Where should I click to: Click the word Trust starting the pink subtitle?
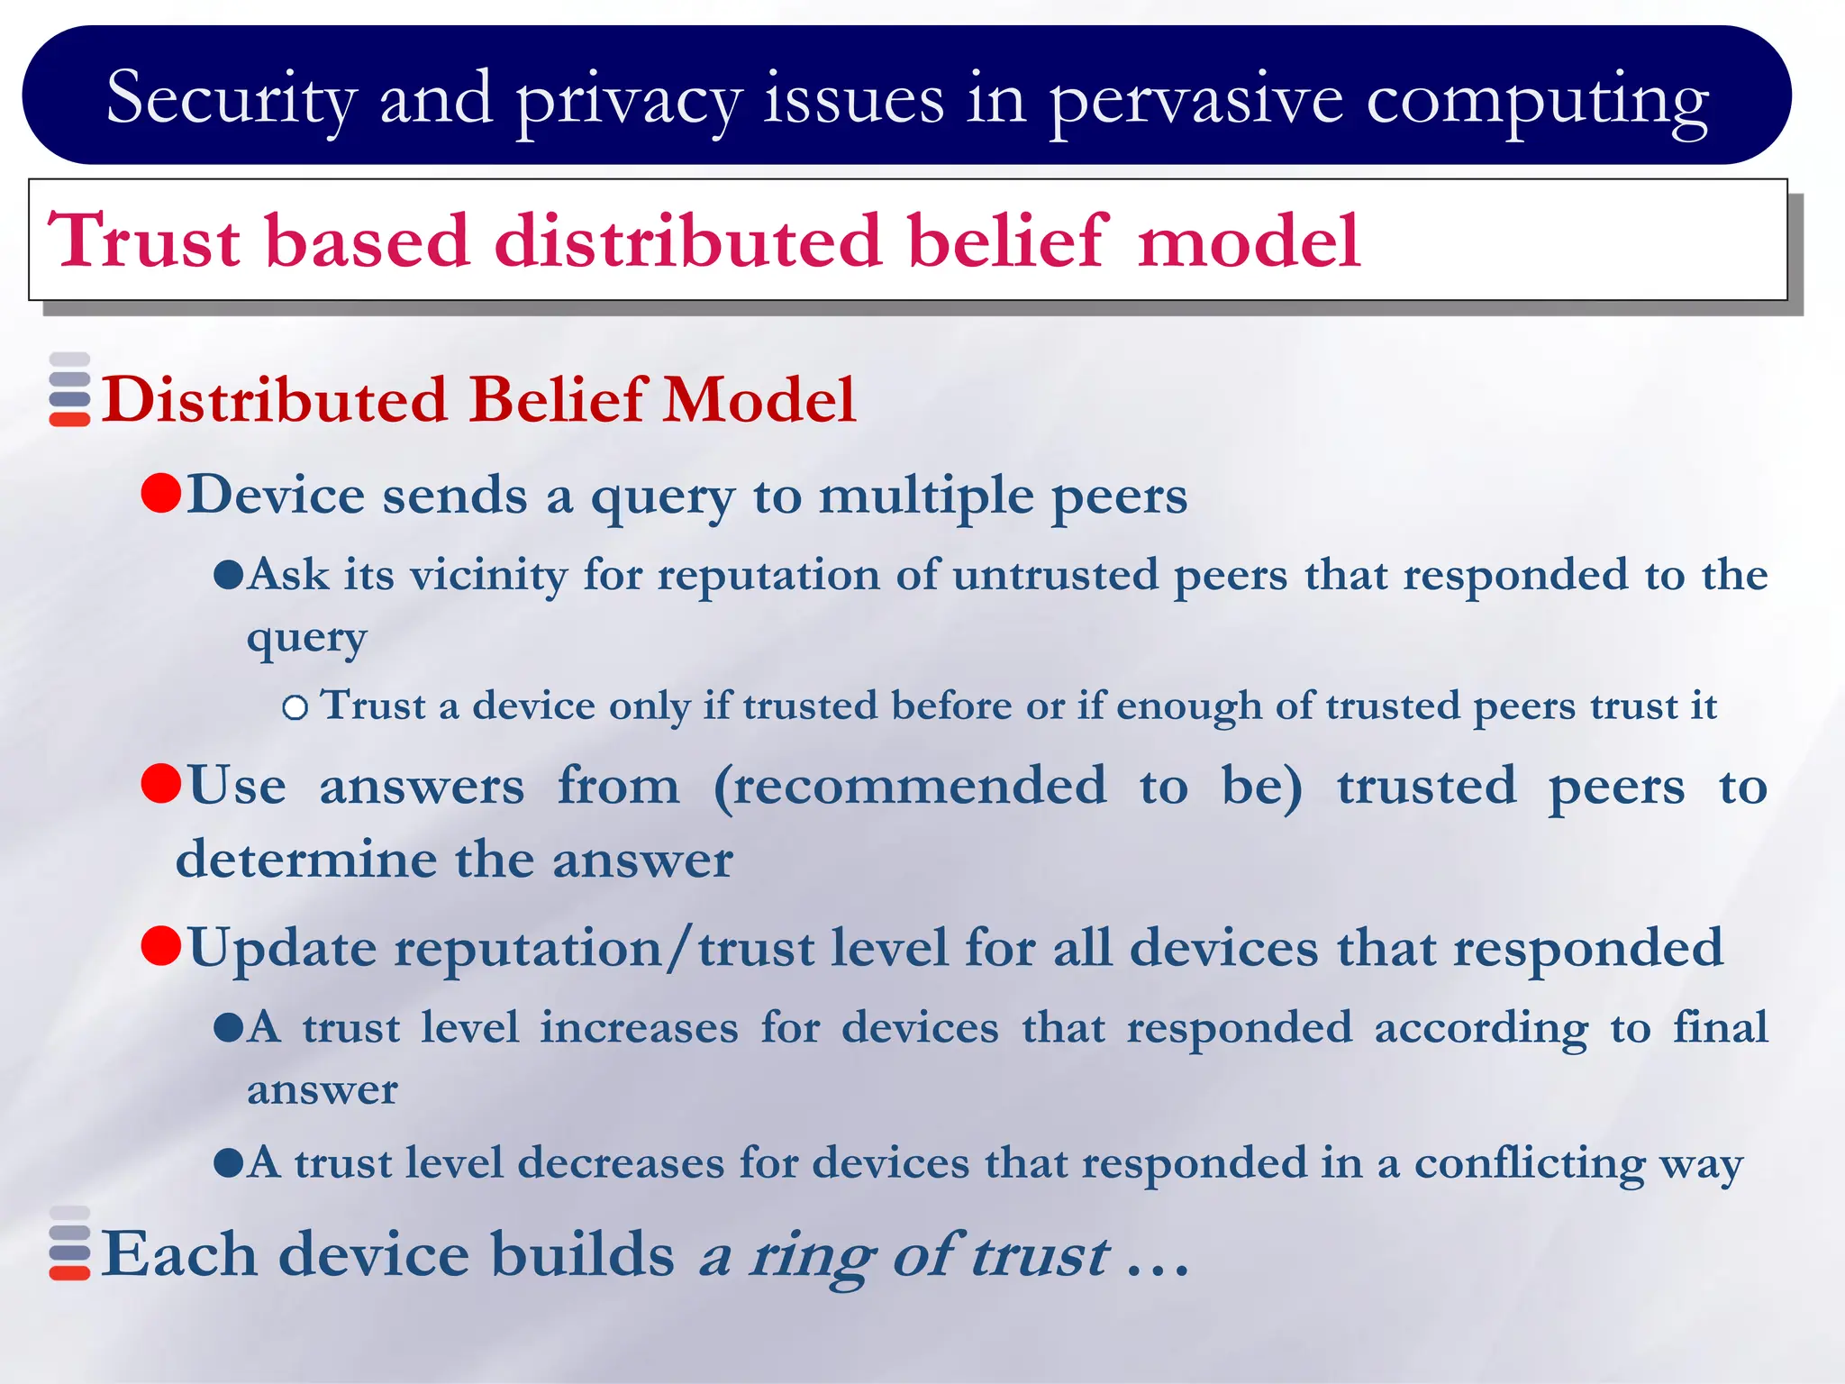(144, 241)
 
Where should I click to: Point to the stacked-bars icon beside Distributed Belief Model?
(69, 389)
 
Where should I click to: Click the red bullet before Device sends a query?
(162, 494)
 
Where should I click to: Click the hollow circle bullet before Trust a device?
(295, 707)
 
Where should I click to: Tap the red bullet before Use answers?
(162, 783)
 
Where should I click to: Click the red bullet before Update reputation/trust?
(162, 946)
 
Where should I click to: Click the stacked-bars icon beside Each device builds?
(69, 1243)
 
